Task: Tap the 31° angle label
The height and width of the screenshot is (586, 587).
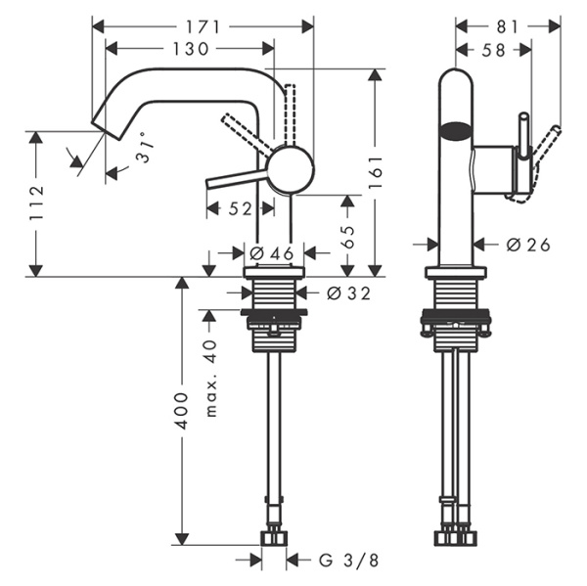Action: [x=143, y=148]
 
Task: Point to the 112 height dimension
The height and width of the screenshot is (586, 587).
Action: [x=37, y=203]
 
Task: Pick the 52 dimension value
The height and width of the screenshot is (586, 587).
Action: [x=241, y=207]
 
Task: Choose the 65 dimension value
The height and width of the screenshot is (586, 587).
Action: [x=346, y=236]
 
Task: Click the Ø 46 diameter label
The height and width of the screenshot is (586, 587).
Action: [x=271, y=254]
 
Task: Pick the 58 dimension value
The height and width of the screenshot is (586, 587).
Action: [x=494, y=48]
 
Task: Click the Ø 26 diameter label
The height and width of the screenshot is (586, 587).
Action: [x=529, y=245]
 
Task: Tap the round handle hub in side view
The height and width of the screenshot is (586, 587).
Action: [x=292, y=169]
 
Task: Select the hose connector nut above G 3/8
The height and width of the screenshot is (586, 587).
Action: [x=273, y=538]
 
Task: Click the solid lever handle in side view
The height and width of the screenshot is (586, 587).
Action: [x=240, y=178]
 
